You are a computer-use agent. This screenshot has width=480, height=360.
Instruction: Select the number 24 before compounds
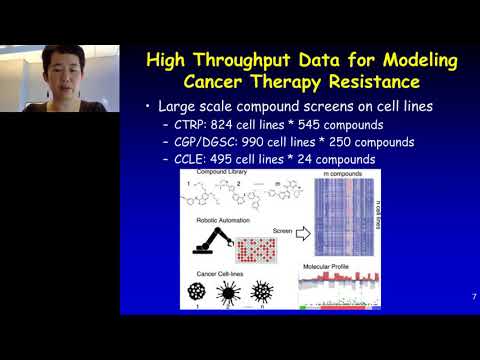click(x=342, y=160)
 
